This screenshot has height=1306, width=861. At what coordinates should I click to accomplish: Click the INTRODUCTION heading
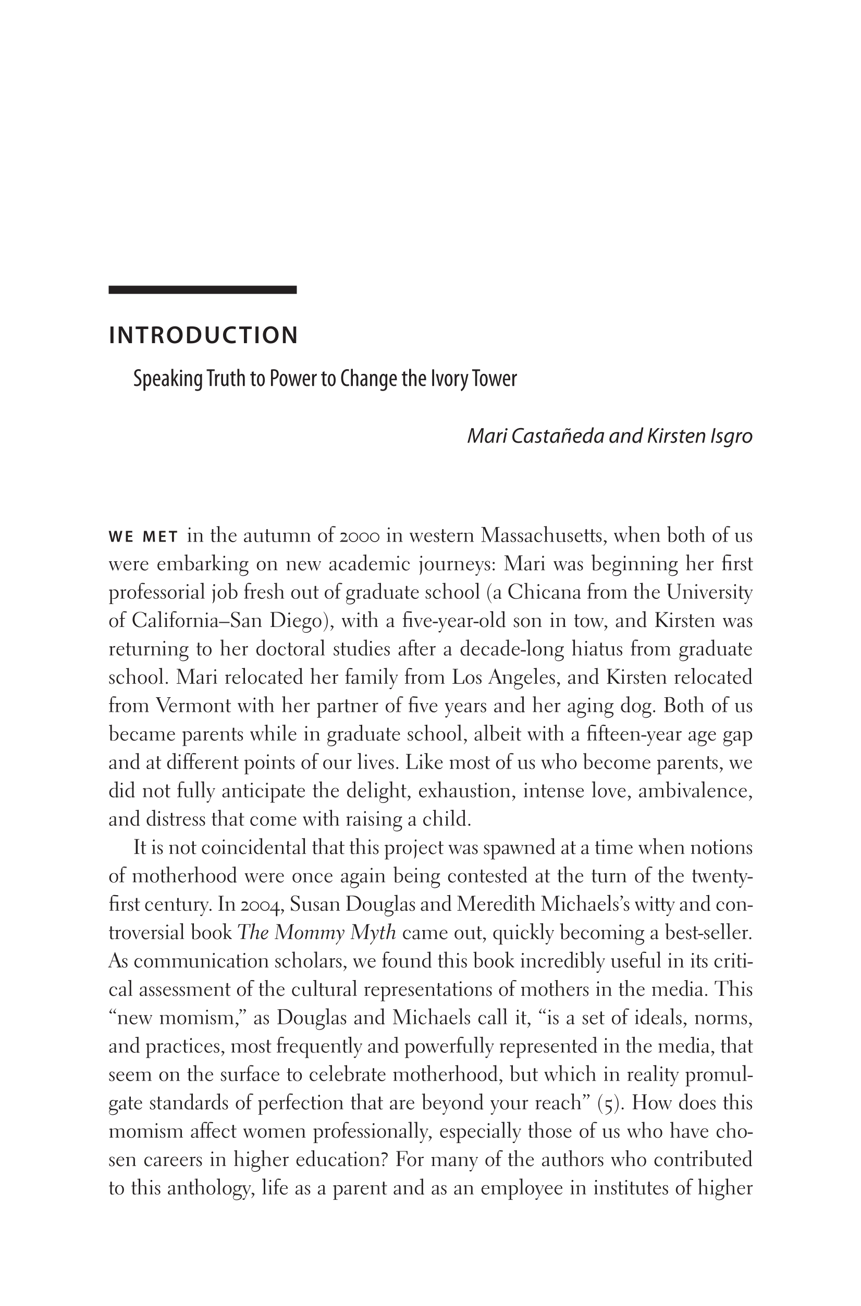click(x=203, y=335)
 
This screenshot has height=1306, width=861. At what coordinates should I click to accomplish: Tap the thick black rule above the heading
click(x=203, y=290)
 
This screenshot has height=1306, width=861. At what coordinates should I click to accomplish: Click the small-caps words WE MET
click(x=143, y=537)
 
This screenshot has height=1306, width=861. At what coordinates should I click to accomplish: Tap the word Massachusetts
click(x=543, y=535)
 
